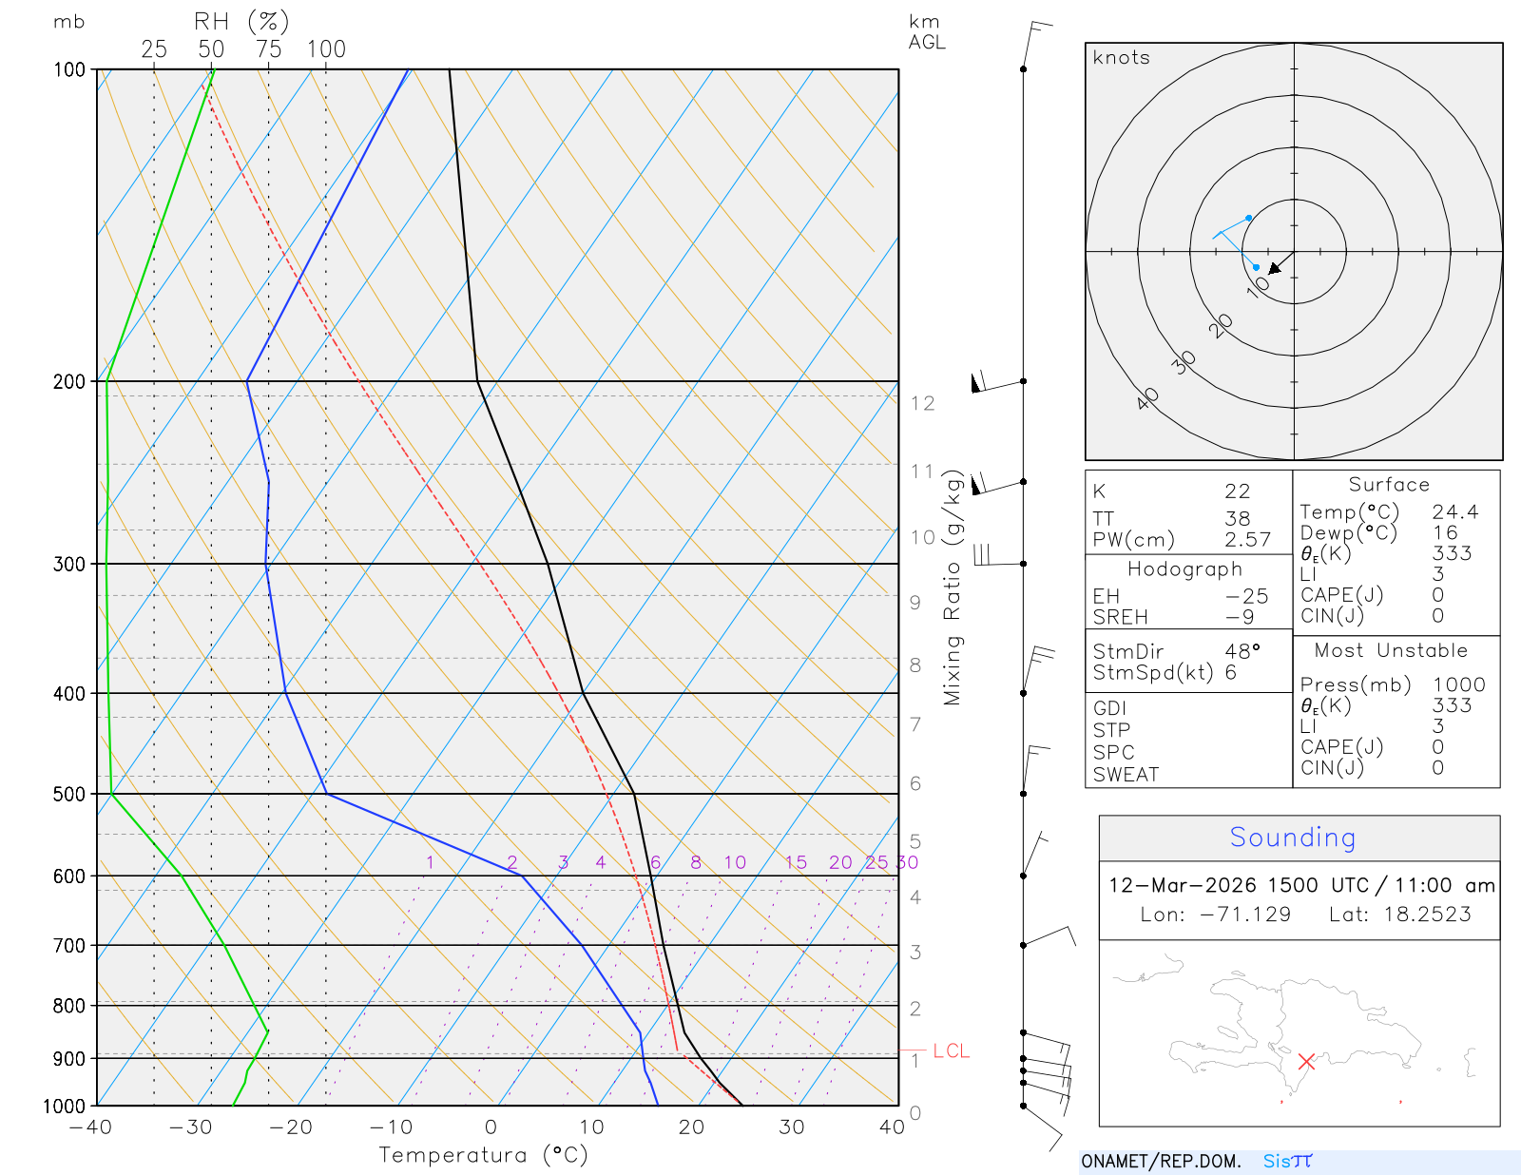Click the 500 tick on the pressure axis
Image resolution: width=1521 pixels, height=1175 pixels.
[x=69, y=794]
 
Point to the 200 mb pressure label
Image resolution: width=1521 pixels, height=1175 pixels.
[x=69, y=381]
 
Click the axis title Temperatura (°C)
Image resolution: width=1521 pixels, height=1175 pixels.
[x=483, y=1155]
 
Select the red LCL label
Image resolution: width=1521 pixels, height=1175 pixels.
[x=951, y=1050]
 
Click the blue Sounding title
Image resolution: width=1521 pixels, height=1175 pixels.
[x=1292, y=838]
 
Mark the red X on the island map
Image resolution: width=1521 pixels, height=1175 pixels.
[x=1306, y=1061]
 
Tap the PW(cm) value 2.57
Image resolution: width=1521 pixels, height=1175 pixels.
[x=1247, y=540]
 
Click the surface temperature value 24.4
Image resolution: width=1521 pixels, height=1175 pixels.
[x=1455, y=512]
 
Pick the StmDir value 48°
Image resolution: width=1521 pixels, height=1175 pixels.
[x=1242, y=651]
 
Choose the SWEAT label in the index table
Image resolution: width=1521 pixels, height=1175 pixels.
[x=1126, y=775]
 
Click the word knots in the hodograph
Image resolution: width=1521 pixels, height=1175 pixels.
[x=1121, y=58]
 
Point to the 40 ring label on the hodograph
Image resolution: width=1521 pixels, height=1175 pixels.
[x=1148, y=398]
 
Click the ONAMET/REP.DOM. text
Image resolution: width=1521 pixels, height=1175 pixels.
[x=1161, y=1161]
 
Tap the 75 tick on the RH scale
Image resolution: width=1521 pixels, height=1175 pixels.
[x=269, y=49]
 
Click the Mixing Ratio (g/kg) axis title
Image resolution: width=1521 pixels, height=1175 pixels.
[x=953, y=587]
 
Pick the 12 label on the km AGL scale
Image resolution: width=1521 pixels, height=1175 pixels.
[x=922, y=403]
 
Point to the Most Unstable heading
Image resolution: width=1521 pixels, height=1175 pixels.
[x=1391, y=651]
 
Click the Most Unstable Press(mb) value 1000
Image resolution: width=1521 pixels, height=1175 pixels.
[x=1458, y=684]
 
